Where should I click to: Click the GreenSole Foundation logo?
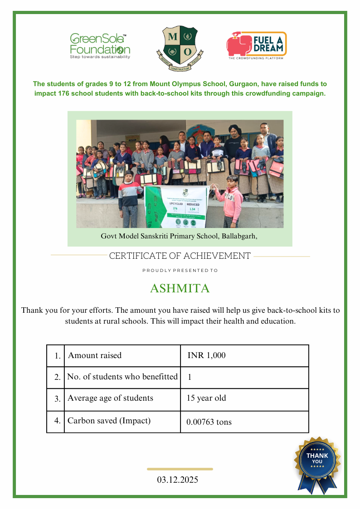[x=100, y=46]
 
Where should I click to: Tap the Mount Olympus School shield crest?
[x=180, y=49]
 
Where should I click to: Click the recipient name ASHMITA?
[x=180, y=289]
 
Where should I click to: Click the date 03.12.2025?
[x=178, y=480]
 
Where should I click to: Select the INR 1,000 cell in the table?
[x=206, y=355]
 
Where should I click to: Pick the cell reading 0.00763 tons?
[x=209, y=422]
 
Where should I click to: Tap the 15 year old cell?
[x=206, y=398]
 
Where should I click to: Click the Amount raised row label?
[x=95, y=355]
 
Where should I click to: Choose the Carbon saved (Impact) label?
[x=109, y=421]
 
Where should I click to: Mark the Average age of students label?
[x=110, y=398]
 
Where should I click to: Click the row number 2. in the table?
[x=58, y=377]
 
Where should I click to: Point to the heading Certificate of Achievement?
[x=180, y=256]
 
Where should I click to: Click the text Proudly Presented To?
[x=180, y=271]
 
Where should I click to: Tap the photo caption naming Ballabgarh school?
[x=179, y=236]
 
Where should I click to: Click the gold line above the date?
[x=180, y=469]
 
